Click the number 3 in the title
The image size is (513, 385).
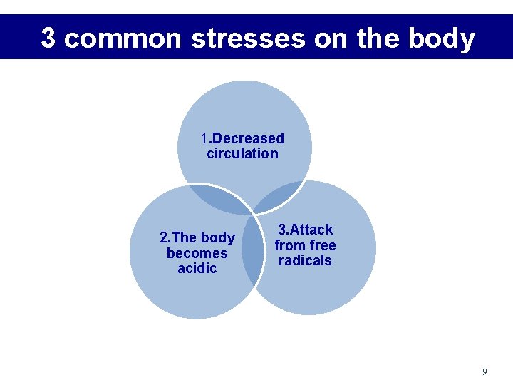[x=48, y=38]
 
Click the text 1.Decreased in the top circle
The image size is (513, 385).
[x=242, y=138]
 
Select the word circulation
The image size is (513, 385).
[x=242, y=153]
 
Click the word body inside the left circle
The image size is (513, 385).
[x=218, y=237]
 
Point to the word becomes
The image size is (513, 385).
[x=197, y=253]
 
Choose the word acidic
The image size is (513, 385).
[x=197, y=269]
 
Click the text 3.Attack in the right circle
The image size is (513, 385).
[x=305, y=230]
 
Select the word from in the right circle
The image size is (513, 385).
[x=290, y=245]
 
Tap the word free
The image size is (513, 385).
[x=322, y=245]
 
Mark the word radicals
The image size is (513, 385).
[x=305, y=261]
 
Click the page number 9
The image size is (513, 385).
[x=484, y=371]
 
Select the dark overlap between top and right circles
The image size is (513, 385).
[x=280, y=196]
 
